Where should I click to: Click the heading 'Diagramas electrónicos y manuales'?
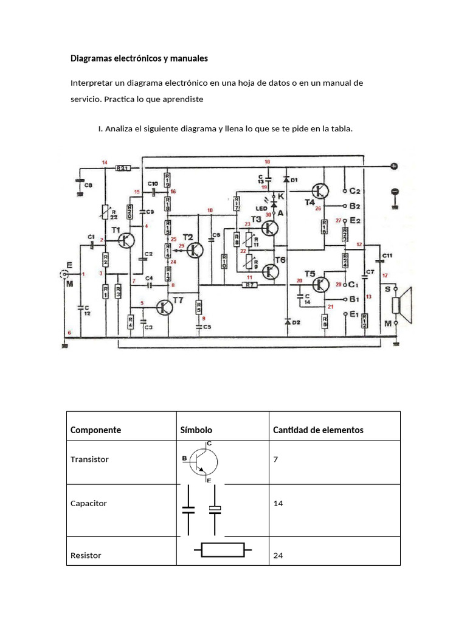pos(139,58)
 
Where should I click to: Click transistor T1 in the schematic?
pos(126,240)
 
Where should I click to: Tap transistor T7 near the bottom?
pos(164,308)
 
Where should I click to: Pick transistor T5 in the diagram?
pos(320,284)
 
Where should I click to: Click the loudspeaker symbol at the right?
pos(401,305)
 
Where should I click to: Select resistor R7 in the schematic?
pos(249,284)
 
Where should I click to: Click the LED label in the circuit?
pos(261,208)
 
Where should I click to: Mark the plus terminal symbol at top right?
pos(394,166)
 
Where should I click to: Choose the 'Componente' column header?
pos(95,430)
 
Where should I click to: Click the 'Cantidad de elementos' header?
pos(318,430)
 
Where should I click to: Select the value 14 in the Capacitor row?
pos(278,504)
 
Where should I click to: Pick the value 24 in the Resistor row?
pos(278,555)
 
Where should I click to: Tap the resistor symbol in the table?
pos(223,551)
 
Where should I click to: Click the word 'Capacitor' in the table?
pos(89,504)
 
